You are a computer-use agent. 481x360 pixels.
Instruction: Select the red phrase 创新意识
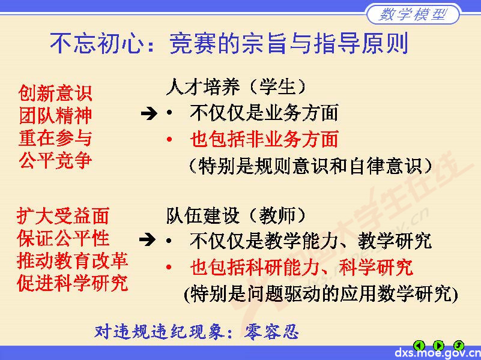coord(55,93)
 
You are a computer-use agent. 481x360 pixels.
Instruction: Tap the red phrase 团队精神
coord(55,115)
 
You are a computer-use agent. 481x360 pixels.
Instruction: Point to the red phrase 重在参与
coord(55,138)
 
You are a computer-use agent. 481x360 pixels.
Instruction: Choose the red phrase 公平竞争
coord(55,161)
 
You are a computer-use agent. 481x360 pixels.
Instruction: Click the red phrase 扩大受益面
coord(63,215)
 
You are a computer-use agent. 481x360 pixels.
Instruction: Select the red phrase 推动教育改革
coord(73,260)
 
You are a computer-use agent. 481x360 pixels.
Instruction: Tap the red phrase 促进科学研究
coord(73,283)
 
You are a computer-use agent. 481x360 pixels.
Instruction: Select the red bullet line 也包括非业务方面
coord(264,139)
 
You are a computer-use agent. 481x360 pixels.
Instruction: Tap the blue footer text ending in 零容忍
coord(196,331)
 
